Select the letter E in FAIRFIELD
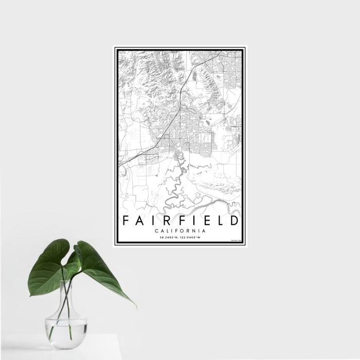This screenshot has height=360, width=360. point(205,221)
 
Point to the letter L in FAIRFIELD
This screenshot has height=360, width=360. point(219,221)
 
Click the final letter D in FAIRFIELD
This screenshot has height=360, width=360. point(234,221)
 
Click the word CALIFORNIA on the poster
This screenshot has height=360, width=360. point(180,231)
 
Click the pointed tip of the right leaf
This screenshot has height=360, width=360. point(135,305)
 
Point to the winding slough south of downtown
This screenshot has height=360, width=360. point(177,180)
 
